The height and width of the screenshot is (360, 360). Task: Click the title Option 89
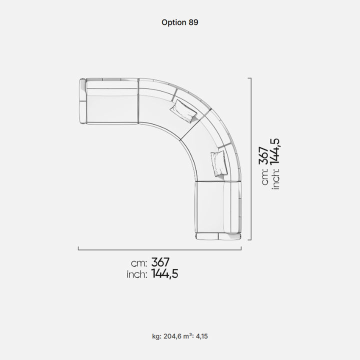[180, 22]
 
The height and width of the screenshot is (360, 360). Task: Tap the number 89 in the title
[193, 22]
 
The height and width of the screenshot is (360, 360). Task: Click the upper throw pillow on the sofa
[183, 111]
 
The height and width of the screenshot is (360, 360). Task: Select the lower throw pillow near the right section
[219, 163]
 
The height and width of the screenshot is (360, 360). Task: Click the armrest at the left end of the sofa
[82, 101]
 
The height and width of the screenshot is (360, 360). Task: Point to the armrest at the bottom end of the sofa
[218, 236]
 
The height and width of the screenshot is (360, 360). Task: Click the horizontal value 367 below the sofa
[160, 262]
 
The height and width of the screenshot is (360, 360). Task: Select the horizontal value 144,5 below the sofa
[164, 273]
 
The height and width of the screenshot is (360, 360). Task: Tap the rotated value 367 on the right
[264, 155]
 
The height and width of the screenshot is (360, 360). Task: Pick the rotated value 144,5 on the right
[275, 151]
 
